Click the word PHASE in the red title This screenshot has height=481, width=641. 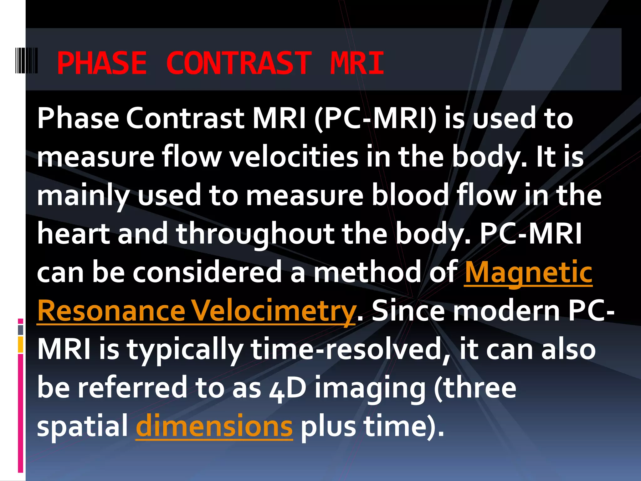tap(102, 63)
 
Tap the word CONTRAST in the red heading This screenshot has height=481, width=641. tap(239, 63)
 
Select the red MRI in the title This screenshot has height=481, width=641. tap(357, 63)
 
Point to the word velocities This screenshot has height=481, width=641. tap(294, 157)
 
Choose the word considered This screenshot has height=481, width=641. tap(207, 272)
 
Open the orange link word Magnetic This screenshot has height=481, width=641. tap(528, 273)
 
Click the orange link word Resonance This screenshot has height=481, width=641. tap(111, 311)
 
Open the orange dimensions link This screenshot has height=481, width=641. tap(214, 427)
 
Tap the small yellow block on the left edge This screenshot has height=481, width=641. tap(21, 344)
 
